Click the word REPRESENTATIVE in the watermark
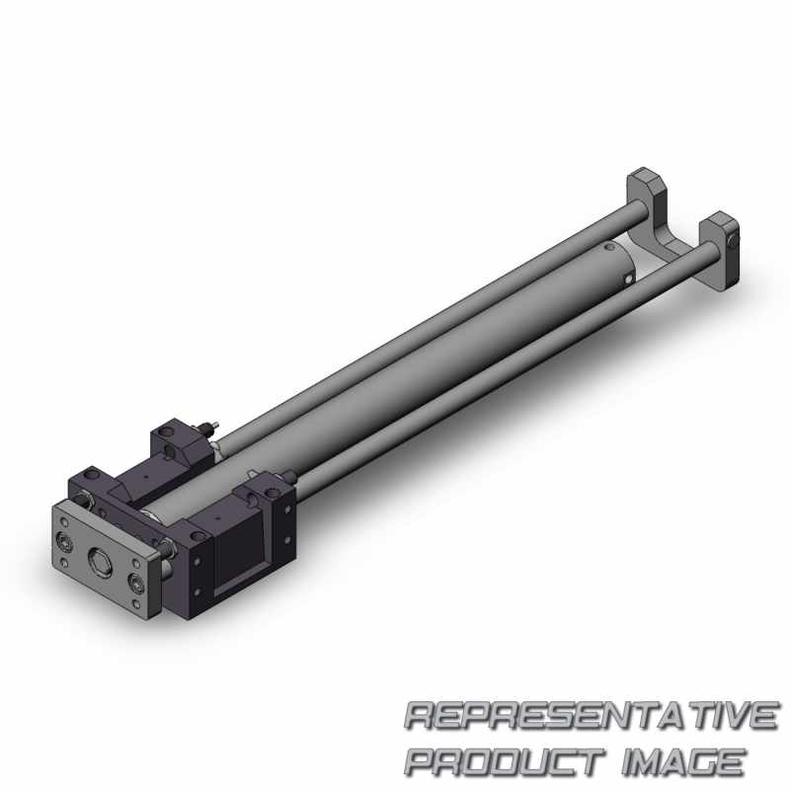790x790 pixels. tap(591, 715)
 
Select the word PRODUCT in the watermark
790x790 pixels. tap(505, 760)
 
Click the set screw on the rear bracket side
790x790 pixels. tap(733, 242)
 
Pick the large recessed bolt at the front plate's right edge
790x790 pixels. tap(135, 582)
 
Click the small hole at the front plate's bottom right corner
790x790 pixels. tap(135, 604)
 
